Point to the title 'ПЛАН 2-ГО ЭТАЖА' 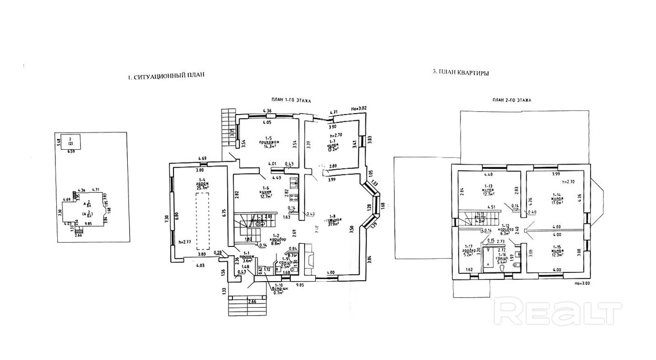coord(511,100)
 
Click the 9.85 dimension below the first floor coord(300,285)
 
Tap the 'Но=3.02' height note coord(359,108)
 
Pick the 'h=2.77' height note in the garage coord(184,241)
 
